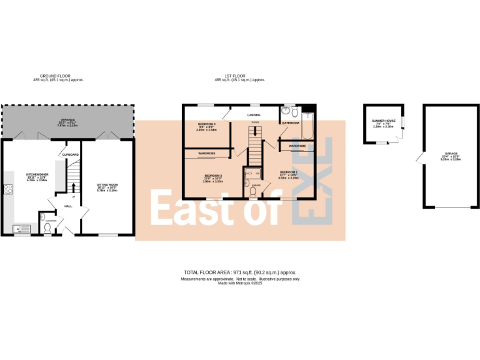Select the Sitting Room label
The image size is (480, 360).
(x=107, y=186)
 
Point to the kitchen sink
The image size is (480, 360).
(x=19, y=227)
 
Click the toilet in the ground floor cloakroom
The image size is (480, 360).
(x=47, y=227)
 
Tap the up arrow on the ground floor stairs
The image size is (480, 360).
(x=74, y=187)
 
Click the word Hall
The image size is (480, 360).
(x=68, y=206)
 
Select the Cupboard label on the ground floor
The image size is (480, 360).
(x=70, y=153)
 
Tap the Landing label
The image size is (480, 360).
(x=253, y=116)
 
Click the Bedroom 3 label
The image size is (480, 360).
(x=206, y=124)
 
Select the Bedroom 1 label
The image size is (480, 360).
(x=288, y=172)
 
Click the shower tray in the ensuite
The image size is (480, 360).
(x=254, y=172)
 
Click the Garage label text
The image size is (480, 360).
(x=451, y=153)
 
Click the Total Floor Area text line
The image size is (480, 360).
(x=240, y=272)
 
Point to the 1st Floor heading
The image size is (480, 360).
(x=240, y=76)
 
